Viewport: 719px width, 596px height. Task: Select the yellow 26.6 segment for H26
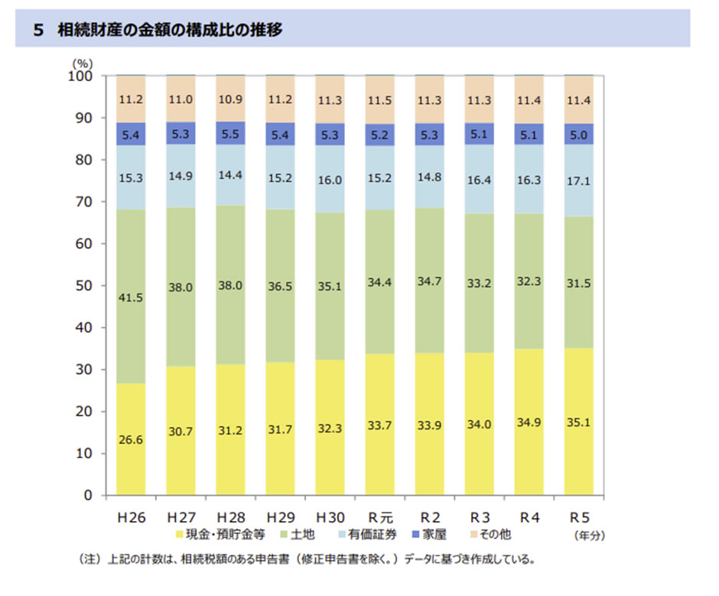point(132,438)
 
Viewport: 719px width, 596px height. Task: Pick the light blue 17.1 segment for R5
point(578,181)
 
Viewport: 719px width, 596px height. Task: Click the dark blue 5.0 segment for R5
point(578,134)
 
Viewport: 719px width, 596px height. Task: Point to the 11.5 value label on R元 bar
point(380,99)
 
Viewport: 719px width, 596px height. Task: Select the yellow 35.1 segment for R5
point(578,422)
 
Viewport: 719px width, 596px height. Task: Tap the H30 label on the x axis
point(330,517)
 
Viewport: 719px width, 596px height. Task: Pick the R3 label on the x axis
point(480,517)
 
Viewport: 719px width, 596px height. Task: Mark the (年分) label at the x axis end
point(590,536)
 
